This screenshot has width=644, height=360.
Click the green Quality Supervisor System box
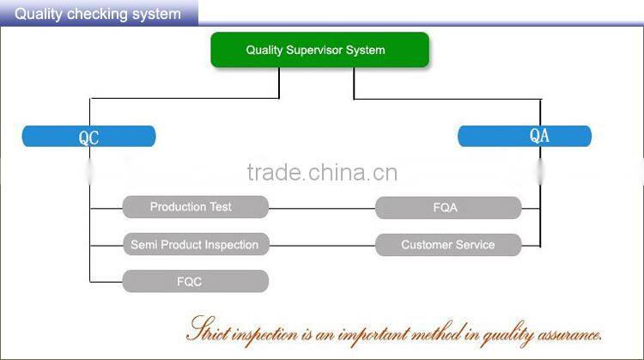(319, 50)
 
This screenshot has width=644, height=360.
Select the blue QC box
(89, 136)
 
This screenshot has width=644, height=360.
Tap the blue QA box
(524, 136)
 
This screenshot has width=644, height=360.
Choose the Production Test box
(195, 207)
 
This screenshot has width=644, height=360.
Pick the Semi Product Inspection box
(195, 245)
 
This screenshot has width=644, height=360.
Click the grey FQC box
(195, 281)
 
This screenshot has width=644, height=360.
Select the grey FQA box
(447, 207)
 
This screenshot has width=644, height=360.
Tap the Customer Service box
(447, 245)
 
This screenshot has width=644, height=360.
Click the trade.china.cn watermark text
(321, 173)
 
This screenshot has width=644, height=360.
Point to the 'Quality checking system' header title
(98, 14)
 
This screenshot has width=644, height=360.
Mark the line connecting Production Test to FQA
(322, 208)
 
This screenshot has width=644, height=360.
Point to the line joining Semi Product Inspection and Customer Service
(322, 245)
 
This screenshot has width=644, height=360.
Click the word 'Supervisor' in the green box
(314, 50)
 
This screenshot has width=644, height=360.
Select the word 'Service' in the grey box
(474, 245)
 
